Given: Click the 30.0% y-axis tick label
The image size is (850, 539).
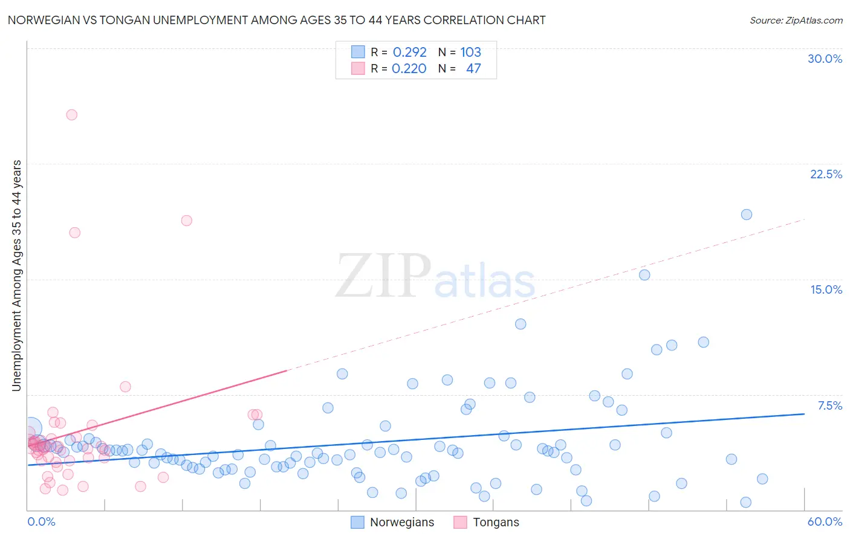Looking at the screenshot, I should [825, 59].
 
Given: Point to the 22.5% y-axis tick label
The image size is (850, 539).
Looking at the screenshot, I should [825, 174].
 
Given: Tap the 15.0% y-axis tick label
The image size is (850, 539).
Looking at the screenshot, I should [825, 289].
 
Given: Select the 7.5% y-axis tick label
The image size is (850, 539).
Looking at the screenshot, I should [829, 405].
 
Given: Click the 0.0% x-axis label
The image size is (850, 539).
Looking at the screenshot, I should [41, 521].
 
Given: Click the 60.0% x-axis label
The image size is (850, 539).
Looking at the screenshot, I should [825, 521].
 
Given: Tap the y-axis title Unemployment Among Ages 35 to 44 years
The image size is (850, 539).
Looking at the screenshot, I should [17, 276].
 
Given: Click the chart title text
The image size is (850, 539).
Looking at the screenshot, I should [276, 20].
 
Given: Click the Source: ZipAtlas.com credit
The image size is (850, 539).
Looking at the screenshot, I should [796, 20].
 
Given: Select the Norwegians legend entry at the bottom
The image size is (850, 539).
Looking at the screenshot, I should [393, 522].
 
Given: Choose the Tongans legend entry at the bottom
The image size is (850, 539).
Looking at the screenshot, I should [487, 522].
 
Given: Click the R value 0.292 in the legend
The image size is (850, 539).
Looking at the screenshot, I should [409, 52].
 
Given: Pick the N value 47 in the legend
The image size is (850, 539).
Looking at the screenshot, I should [473, 69].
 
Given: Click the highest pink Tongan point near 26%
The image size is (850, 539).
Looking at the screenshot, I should [71, 115].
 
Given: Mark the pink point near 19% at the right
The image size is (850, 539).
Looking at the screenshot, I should [186, 221].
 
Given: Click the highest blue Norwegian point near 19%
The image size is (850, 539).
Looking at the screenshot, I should [746, 215].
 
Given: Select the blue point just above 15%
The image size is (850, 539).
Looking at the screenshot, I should [644, 275].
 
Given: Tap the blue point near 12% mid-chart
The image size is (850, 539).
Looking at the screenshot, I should [520, 324].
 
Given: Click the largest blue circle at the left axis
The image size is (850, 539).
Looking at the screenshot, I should [31, 428].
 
